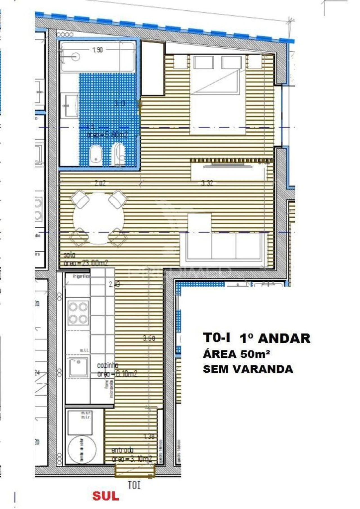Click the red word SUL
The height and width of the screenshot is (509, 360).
pos(106,496)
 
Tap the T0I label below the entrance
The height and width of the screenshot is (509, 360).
pos(134,485)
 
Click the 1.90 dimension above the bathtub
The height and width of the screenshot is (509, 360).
pos(98,50)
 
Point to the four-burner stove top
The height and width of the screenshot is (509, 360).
pos(78,312)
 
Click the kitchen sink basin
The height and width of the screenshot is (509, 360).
pos(78,367)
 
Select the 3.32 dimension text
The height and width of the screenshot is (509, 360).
pos(207,183)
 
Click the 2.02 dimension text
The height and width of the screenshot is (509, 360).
pos(100,183)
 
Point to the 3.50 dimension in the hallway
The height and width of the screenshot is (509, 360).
pos(149,338)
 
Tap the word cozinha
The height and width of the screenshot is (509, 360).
pos(107,365)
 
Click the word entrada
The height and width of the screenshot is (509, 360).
pos(122,450)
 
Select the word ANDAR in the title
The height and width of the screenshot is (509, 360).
pos(284,338)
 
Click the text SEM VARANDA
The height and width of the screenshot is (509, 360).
pos(248,369)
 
